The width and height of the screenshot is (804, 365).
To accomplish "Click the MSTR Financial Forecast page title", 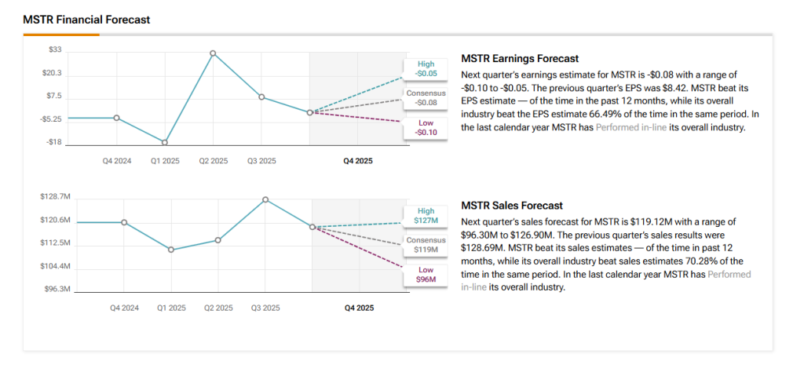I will point(86,19).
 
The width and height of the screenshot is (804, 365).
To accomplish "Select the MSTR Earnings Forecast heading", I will point(519,58).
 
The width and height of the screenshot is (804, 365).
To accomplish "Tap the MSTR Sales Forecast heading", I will point(511,206).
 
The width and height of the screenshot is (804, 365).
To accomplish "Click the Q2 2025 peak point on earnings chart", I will point(213,53).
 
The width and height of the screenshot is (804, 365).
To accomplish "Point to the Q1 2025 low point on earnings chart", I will point(164,142).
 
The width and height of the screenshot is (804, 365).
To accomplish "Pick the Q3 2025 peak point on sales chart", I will point(265,199).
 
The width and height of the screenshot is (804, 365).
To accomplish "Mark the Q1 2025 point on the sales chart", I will point(171,250).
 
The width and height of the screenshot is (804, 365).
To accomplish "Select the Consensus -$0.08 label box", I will point(426,97).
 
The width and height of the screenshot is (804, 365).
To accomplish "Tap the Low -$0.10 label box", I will point(426,127).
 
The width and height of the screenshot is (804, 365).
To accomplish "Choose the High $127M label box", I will point(426,216).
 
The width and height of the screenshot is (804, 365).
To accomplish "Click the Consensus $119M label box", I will point(426,245).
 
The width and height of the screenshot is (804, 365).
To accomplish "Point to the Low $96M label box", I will point(426,275).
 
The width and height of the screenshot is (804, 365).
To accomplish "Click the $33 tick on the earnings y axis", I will point(56,49).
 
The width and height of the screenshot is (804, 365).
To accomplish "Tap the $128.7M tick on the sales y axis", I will point(55,196).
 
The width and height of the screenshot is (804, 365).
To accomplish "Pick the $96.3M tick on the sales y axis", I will point(57,290).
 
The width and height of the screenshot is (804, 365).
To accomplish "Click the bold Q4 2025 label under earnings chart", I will point(358,161).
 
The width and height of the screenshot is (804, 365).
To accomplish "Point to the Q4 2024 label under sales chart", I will point(124,308).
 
